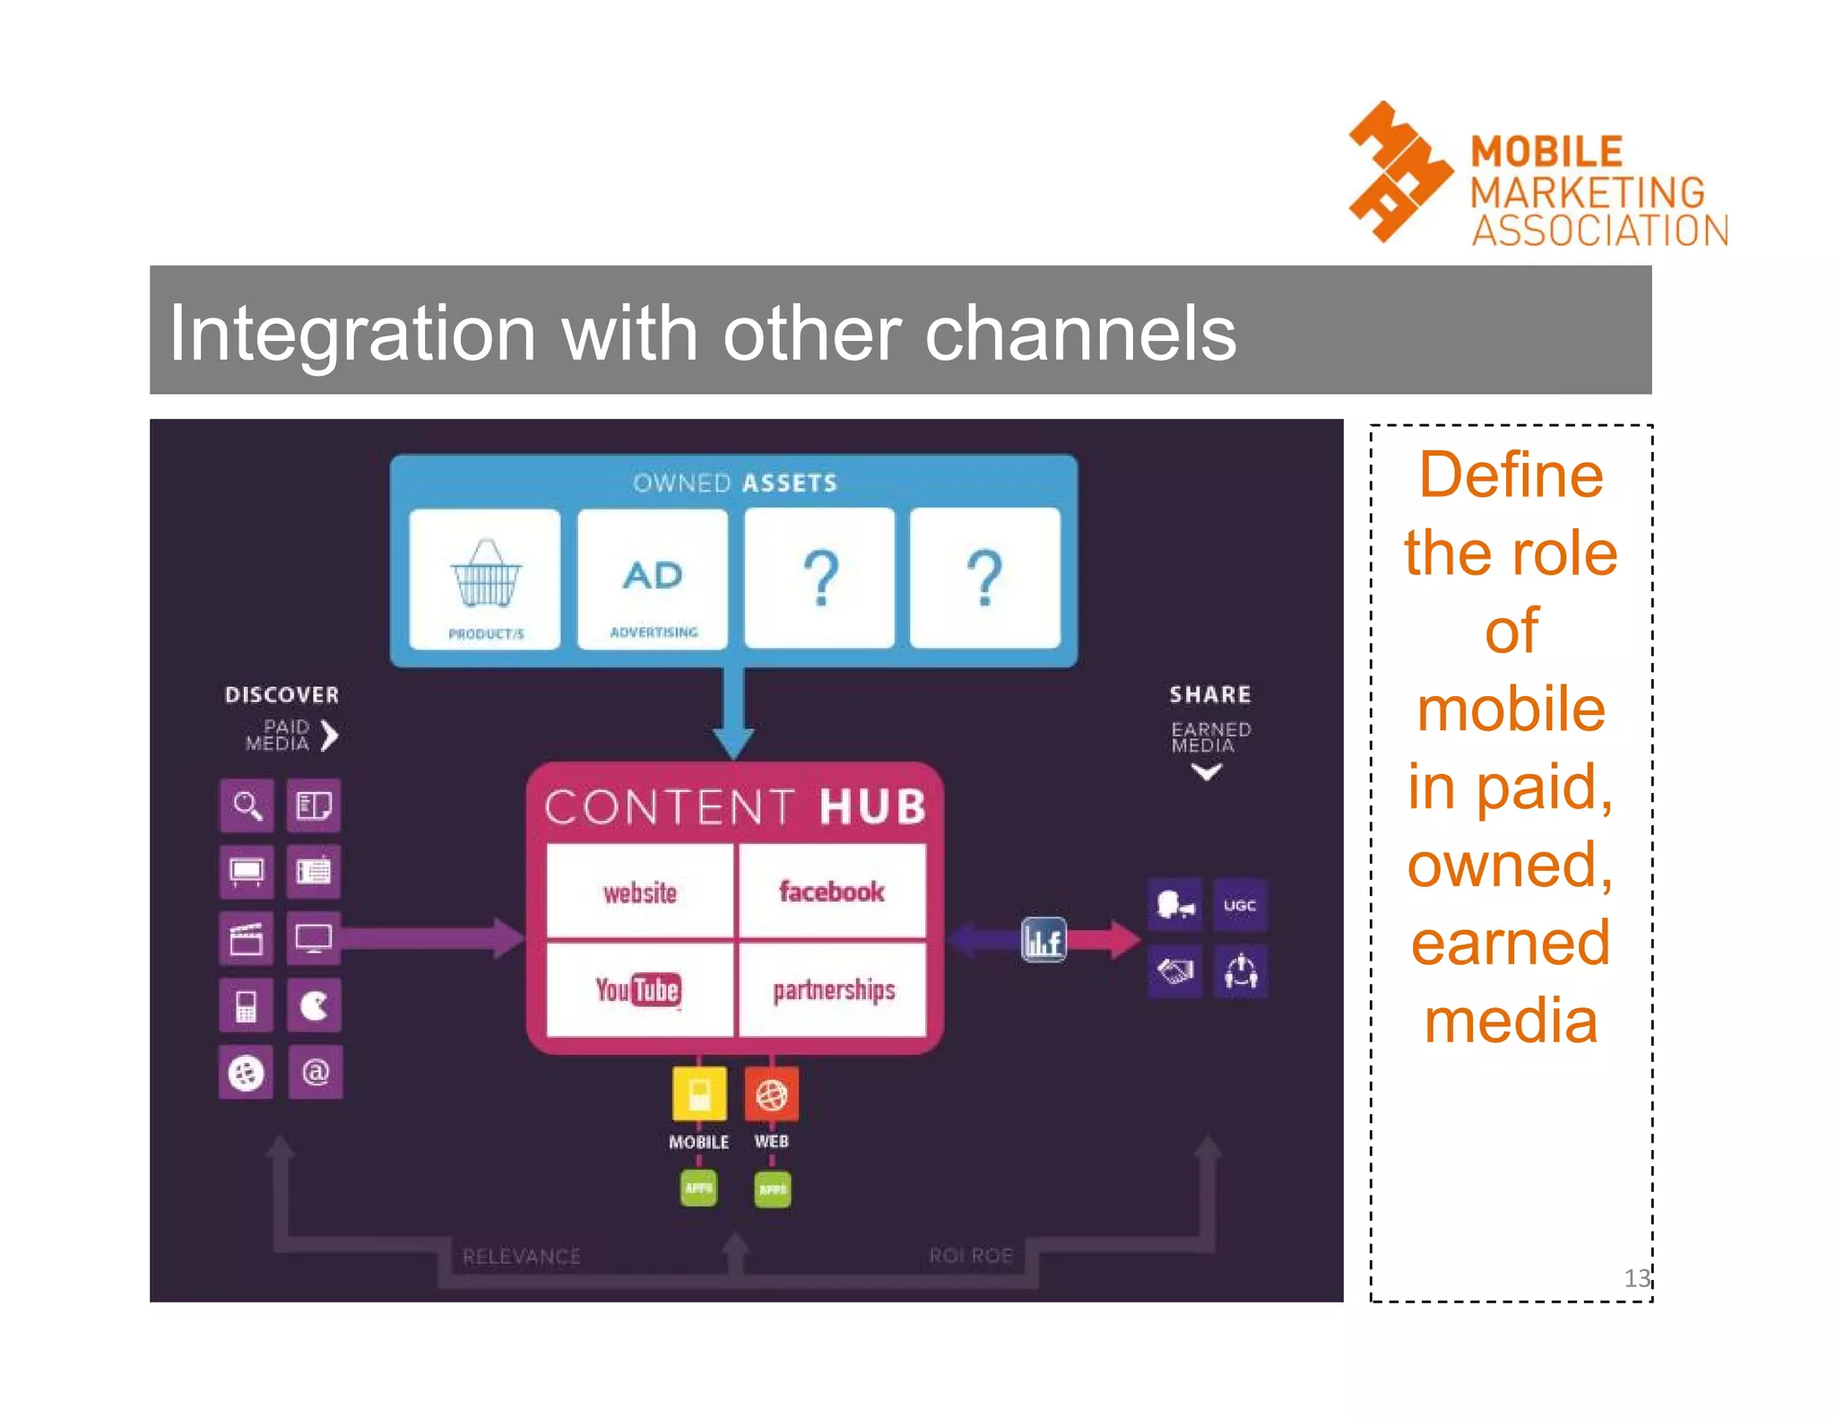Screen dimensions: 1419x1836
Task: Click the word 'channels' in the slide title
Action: [x=1079, y=334]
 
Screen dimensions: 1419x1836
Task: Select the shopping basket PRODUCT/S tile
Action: [x=485, y=579]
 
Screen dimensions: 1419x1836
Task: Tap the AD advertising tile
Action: [x=653, y=579]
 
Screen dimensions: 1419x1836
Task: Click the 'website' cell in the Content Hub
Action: [x=639, y=892]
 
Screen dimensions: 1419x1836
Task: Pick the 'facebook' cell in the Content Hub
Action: [x=831, y=892]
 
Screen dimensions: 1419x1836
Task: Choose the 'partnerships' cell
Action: [x=834, y=989]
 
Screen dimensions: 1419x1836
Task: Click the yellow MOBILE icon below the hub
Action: [x=699, y=1093]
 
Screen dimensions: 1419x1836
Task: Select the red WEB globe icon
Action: [x=771, y=1094]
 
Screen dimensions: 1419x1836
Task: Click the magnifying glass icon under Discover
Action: [x=247, y=805]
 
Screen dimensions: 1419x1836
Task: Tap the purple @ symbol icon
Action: [x=315, y=1072]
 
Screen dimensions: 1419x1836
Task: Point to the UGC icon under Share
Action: [x=1240, y=905]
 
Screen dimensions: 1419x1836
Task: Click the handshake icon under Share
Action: [x=1174, y=971]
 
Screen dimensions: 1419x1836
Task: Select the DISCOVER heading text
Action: [x=281, y=695]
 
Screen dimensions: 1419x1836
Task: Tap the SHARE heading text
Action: [x=1209, y=694]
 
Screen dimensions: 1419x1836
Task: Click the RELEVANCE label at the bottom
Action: [x=521, y=1256]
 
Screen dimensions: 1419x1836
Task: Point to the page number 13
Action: [x=1636, y=1277]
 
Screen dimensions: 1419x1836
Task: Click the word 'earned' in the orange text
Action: [x=1511, y=943]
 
